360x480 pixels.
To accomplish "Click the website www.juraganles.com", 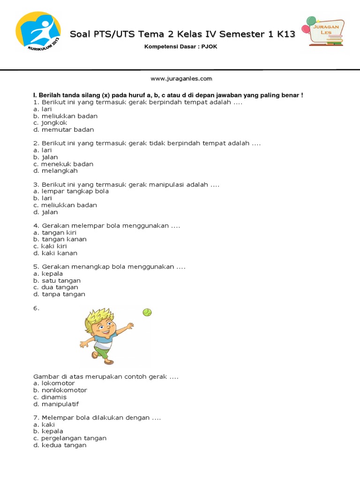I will coord(181,79).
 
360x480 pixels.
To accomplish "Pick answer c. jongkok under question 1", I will coord(50,123).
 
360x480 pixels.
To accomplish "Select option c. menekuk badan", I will coord(63,164).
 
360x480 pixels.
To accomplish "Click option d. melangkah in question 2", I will coord(55,171).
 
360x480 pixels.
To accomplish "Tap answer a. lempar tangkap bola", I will coord(71,191).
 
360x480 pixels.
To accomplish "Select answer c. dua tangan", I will coord(56,287).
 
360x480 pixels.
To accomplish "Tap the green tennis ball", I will coord(147,312).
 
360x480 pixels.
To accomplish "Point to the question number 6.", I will coord(37,308).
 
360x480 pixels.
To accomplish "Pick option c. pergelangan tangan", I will coord(70,438).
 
